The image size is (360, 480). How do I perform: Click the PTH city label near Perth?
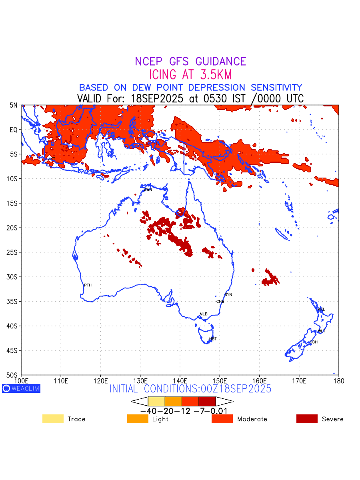[88, 285]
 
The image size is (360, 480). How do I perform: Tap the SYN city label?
[228, 295]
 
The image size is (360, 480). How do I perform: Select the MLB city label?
[204, 314]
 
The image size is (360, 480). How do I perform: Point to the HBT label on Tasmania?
[213, 339]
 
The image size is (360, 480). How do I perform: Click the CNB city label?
[220, 302]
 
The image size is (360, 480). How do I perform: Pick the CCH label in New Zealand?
[314, 342]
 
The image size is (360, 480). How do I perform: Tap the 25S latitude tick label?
[12, 252]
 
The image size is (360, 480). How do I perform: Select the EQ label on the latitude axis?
[14, 130]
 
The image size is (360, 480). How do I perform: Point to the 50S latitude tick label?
[12, 375]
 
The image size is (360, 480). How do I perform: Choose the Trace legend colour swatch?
[53, 419]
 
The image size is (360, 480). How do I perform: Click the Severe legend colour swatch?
[307, 419]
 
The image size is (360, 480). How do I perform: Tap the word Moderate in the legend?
[252, 419]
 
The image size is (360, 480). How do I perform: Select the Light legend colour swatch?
[138, 419]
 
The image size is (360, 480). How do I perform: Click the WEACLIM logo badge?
[21, 388]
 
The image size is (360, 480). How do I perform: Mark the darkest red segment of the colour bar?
[207, 401]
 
